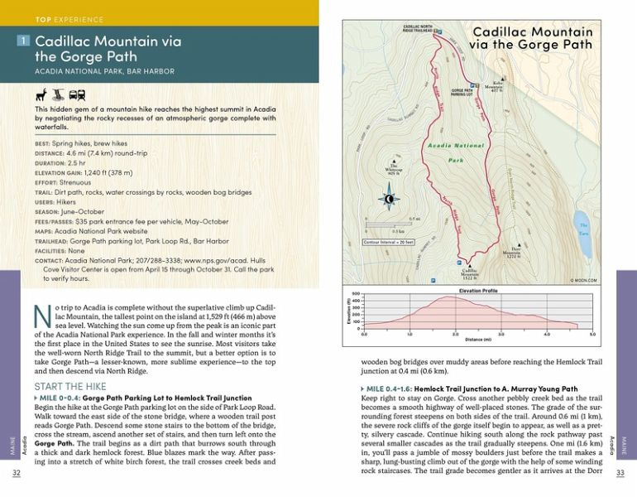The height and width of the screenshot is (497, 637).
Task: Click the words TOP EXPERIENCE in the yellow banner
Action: click(70, 19)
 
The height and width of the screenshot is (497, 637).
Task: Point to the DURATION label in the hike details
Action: click(54, 164)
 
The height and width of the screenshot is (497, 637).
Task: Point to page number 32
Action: click(17, 473)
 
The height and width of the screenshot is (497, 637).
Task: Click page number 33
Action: click(621, 473)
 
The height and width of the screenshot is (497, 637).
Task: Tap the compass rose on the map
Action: click(389, 198)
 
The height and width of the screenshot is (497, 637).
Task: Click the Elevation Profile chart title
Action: click(477, 291)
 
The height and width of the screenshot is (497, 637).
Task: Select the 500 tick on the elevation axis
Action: click(356, 294)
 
